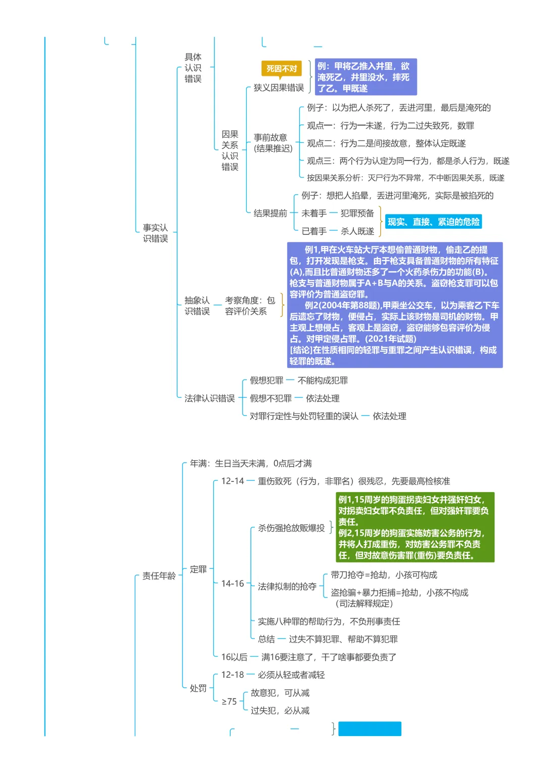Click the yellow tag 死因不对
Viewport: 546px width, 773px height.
(x=281, y=68)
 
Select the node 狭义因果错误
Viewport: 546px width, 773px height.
(x=279, y=88)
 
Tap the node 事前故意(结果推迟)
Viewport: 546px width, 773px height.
(x=273, y=143)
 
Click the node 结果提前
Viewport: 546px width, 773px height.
(x=270, y=213)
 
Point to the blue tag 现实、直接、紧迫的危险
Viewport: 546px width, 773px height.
(x=433, y=222)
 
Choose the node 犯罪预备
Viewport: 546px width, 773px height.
(x=357, y=213)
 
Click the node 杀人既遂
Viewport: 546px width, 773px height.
(x=357, y=231)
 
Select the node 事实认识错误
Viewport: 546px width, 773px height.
(x=155, y=233)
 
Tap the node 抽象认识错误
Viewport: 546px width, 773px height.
(x=197, y=306)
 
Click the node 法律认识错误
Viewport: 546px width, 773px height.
(x=209, y=398)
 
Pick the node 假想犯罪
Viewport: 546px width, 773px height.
(x=266, y=380)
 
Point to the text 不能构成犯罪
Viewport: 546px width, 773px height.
(x=323, y=380)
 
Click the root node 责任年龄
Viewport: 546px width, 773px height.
(x=159, y=576)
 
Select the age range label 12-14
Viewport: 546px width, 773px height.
(x=233, y=481)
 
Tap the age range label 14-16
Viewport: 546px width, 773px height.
(x=233, y=584)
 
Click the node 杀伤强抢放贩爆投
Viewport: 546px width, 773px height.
(x=291, y=528)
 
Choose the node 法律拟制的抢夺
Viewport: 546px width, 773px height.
(x=287, y=586)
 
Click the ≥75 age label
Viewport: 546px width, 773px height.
(x=229, y=702)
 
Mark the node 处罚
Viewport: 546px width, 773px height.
(x=198, y=688)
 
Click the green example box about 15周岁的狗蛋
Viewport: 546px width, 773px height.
(x=415, y=527)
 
